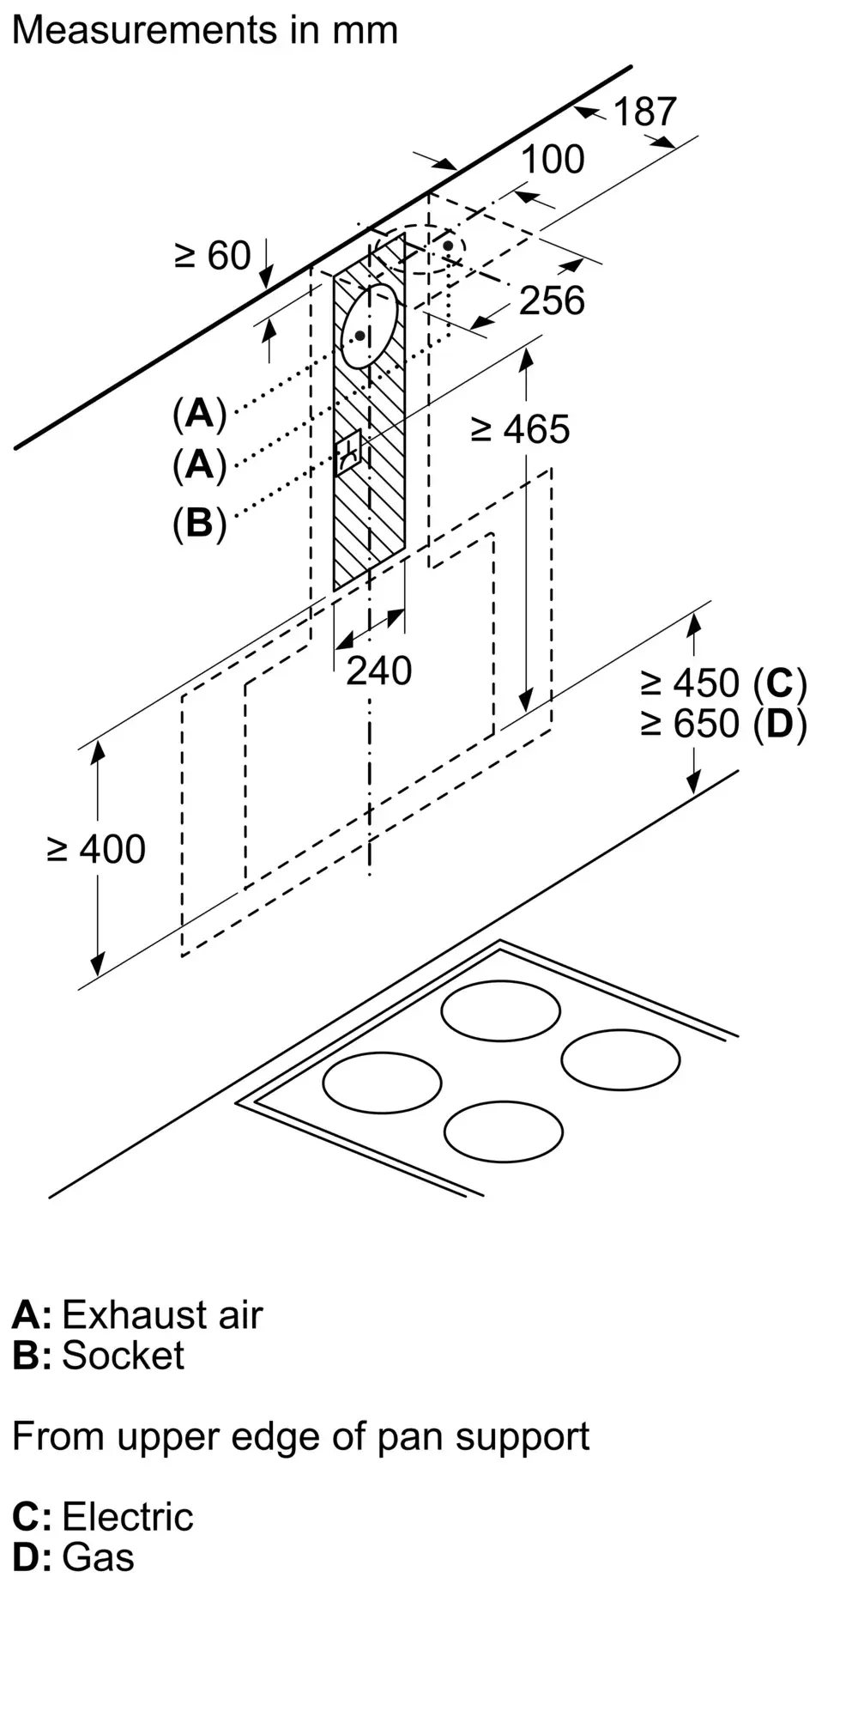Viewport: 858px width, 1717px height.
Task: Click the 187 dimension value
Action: [x=644, y=112]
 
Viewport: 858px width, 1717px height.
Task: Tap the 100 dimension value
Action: [x=553, y=160]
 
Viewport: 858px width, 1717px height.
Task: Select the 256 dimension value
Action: [x=552, y=300]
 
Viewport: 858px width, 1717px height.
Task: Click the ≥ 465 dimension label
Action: [x=520, y=429]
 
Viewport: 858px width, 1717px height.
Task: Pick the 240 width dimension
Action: [x=378, y=670]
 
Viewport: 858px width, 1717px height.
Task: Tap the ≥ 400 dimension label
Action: [x=96, y=850]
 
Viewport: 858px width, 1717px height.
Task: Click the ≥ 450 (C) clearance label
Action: [x=723, y=683]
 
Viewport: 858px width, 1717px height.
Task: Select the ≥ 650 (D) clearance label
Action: [x=723, y=725]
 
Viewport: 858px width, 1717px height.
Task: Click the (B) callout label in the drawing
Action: [x=199, y=522]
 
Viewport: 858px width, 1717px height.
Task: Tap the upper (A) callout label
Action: [x=199, y=413]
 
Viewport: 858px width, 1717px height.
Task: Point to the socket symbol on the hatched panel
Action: [x=349, y=450]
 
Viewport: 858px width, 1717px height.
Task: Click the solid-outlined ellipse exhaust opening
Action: [x=370, y=325]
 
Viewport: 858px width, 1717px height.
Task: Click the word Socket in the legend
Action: [x=123, y=1356]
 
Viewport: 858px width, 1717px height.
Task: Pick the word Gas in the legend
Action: [x=98, y=1557]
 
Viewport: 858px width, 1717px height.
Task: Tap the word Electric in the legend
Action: [x=127, y=1517]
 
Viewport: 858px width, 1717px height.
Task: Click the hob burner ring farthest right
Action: [x=620, y=1059]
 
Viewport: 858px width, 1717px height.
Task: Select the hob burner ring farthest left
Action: [x=382, y=1082]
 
